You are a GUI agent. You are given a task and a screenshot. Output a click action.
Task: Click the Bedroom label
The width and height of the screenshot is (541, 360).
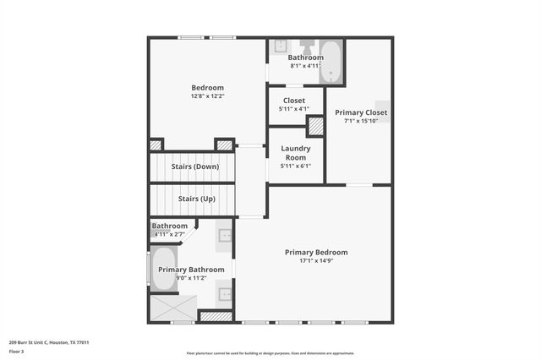[x=207, y=88]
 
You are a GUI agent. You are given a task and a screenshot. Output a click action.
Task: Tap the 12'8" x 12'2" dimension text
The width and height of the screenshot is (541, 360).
[x=207, y=96]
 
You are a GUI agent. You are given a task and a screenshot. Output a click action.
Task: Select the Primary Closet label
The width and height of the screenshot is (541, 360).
[x=361, y=112]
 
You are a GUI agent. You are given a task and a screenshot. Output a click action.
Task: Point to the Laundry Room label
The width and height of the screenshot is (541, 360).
[x=295, y=153]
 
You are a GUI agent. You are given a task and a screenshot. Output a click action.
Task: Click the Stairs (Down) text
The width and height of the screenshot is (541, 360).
[x=194, y=166]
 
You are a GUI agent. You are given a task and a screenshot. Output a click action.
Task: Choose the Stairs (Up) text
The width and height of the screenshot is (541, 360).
[x=196, y=199]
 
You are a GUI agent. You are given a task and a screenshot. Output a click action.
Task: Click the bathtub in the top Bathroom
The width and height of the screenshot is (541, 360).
[x=331, y=62]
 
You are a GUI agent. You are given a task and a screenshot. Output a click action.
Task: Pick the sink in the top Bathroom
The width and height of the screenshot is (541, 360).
[x=281, y=46]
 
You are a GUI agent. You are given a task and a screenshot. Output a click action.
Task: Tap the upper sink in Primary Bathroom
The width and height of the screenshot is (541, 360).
[x=225, y=235]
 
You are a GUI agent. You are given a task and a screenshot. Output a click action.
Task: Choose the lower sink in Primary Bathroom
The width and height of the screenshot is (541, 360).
[x=225, y=294]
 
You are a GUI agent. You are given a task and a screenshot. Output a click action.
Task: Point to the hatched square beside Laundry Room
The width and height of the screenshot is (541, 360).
[x=314, y=127]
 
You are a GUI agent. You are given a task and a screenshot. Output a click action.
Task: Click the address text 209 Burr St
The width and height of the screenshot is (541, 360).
[x=49, y=342]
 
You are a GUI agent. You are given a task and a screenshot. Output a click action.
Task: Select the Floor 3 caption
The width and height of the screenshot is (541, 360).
[x=16, y=350]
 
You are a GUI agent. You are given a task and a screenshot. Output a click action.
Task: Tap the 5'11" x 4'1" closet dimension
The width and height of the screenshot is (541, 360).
[x=294, y=108]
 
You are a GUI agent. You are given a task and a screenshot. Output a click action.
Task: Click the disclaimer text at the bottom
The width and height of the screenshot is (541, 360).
[x=270, y=353]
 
